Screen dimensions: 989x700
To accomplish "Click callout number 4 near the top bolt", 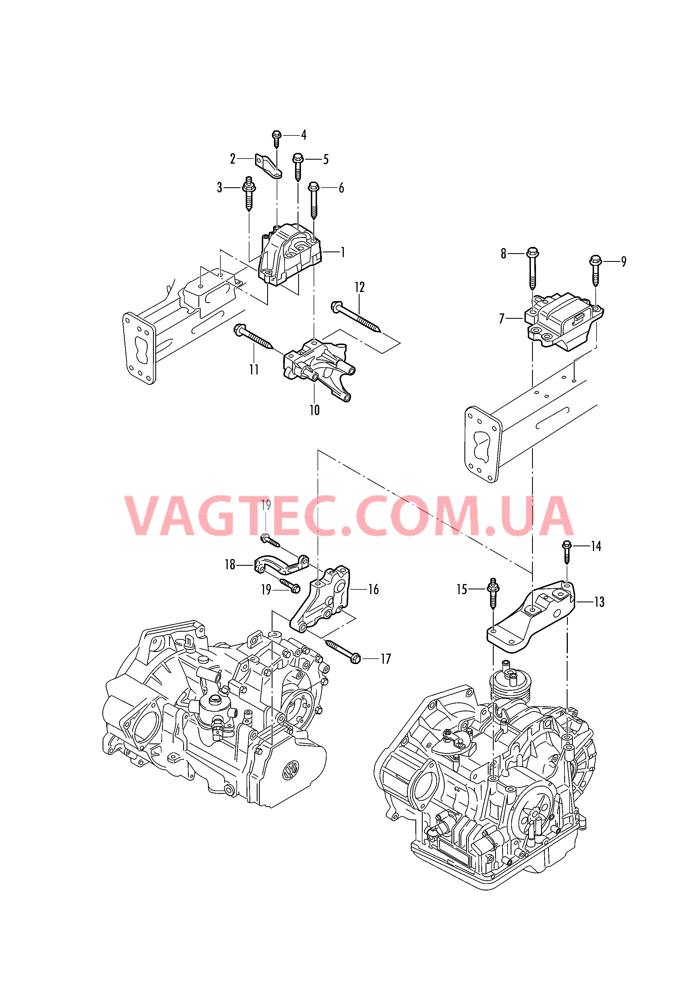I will click(x=304, y=135).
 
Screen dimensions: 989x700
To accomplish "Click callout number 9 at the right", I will click(x=623, y=261).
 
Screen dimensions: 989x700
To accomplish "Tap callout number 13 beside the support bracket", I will click(x=599, y=602).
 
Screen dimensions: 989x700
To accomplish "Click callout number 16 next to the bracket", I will click(x=373, y=589).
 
